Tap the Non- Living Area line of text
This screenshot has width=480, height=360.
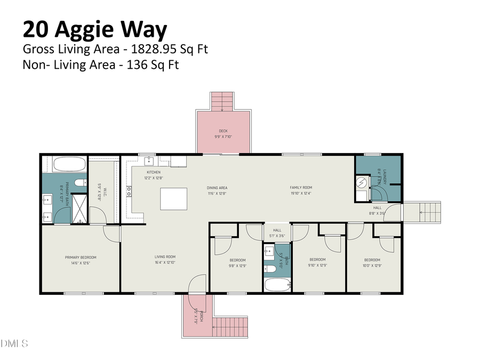click(101, 66)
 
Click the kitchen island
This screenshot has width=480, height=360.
click(173, 199)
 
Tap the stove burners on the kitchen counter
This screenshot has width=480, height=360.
click(129, 191)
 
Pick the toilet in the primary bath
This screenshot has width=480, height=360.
click(80, 183)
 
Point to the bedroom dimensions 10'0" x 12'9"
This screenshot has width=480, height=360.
click(372, 266)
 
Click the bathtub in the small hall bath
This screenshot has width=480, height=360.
click(277, 284)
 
